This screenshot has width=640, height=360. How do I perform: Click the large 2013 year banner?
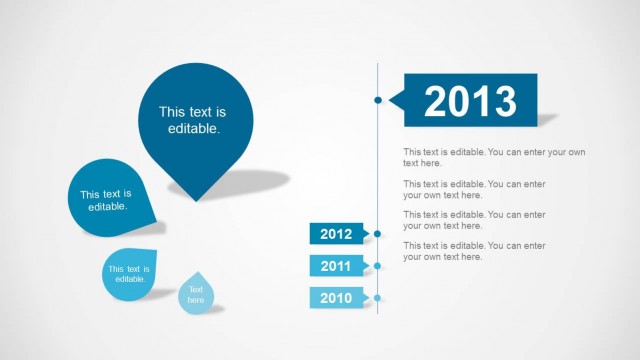470,100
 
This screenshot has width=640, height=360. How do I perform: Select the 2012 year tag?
336,235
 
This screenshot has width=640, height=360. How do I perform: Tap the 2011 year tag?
336,266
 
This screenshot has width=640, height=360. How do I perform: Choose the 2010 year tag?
336,297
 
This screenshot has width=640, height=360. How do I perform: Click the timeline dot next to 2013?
378,100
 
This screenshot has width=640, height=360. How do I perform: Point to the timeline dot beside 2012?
378,235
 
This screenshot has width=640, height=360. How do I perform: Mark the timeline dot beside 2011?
378,266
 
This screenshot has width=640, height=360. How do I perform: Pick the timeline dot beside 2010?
378,297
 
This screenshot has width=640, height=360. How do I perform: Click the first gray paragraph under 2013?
494,157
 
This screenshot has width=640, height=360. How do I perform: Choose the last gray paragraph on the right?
474,251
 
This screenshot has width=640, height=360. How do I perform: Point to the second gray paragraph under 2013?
474,189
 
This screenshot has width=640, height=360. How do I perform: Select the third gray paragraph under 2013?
474,220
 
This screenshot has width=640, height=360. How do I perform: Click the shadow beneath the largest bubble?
245,182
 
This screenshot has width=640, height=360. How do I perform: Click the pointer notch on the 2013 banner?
396,99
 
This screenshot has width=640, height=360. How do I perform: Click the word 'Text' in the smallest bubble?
196,289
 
